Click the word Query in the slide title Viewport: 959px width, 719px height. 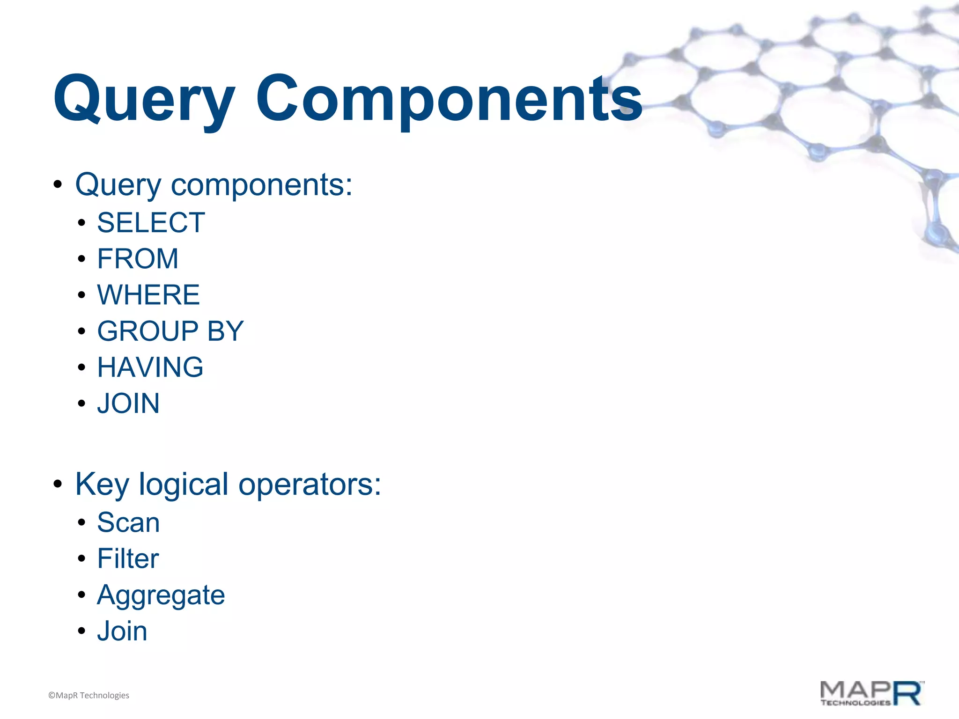[143, 99]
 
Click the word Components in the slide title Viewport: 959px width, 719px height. [449, 99]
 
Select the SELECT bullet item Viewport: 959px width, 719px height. [151, 222]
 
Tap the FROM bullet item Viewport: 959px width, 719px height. [138, 258]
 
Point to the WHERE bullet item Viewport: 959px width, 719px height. [148, 295]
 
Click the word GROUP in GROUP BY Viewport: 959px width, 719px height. [148, 331]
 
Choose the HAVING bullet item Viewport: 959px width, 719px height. [150, 367]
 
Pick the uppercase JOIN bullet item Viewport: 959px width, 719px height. [128, 404]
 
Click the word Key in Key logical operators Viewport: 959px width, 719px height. [102, 484]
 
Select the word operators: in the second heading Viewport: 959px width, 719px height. [310, 484]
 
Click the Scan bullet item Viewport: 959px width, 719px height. [128, 522]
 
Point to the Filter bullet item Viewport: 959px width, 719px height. [128, 558]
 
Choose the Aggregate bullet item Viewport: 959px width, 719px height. [161, 595]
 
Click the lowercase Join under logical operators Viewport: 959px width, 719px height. [122, 631]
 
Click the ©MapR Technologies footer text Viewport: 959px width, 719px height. [89, 695]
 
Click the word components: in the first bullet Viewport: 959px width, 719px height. [261, 185]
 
